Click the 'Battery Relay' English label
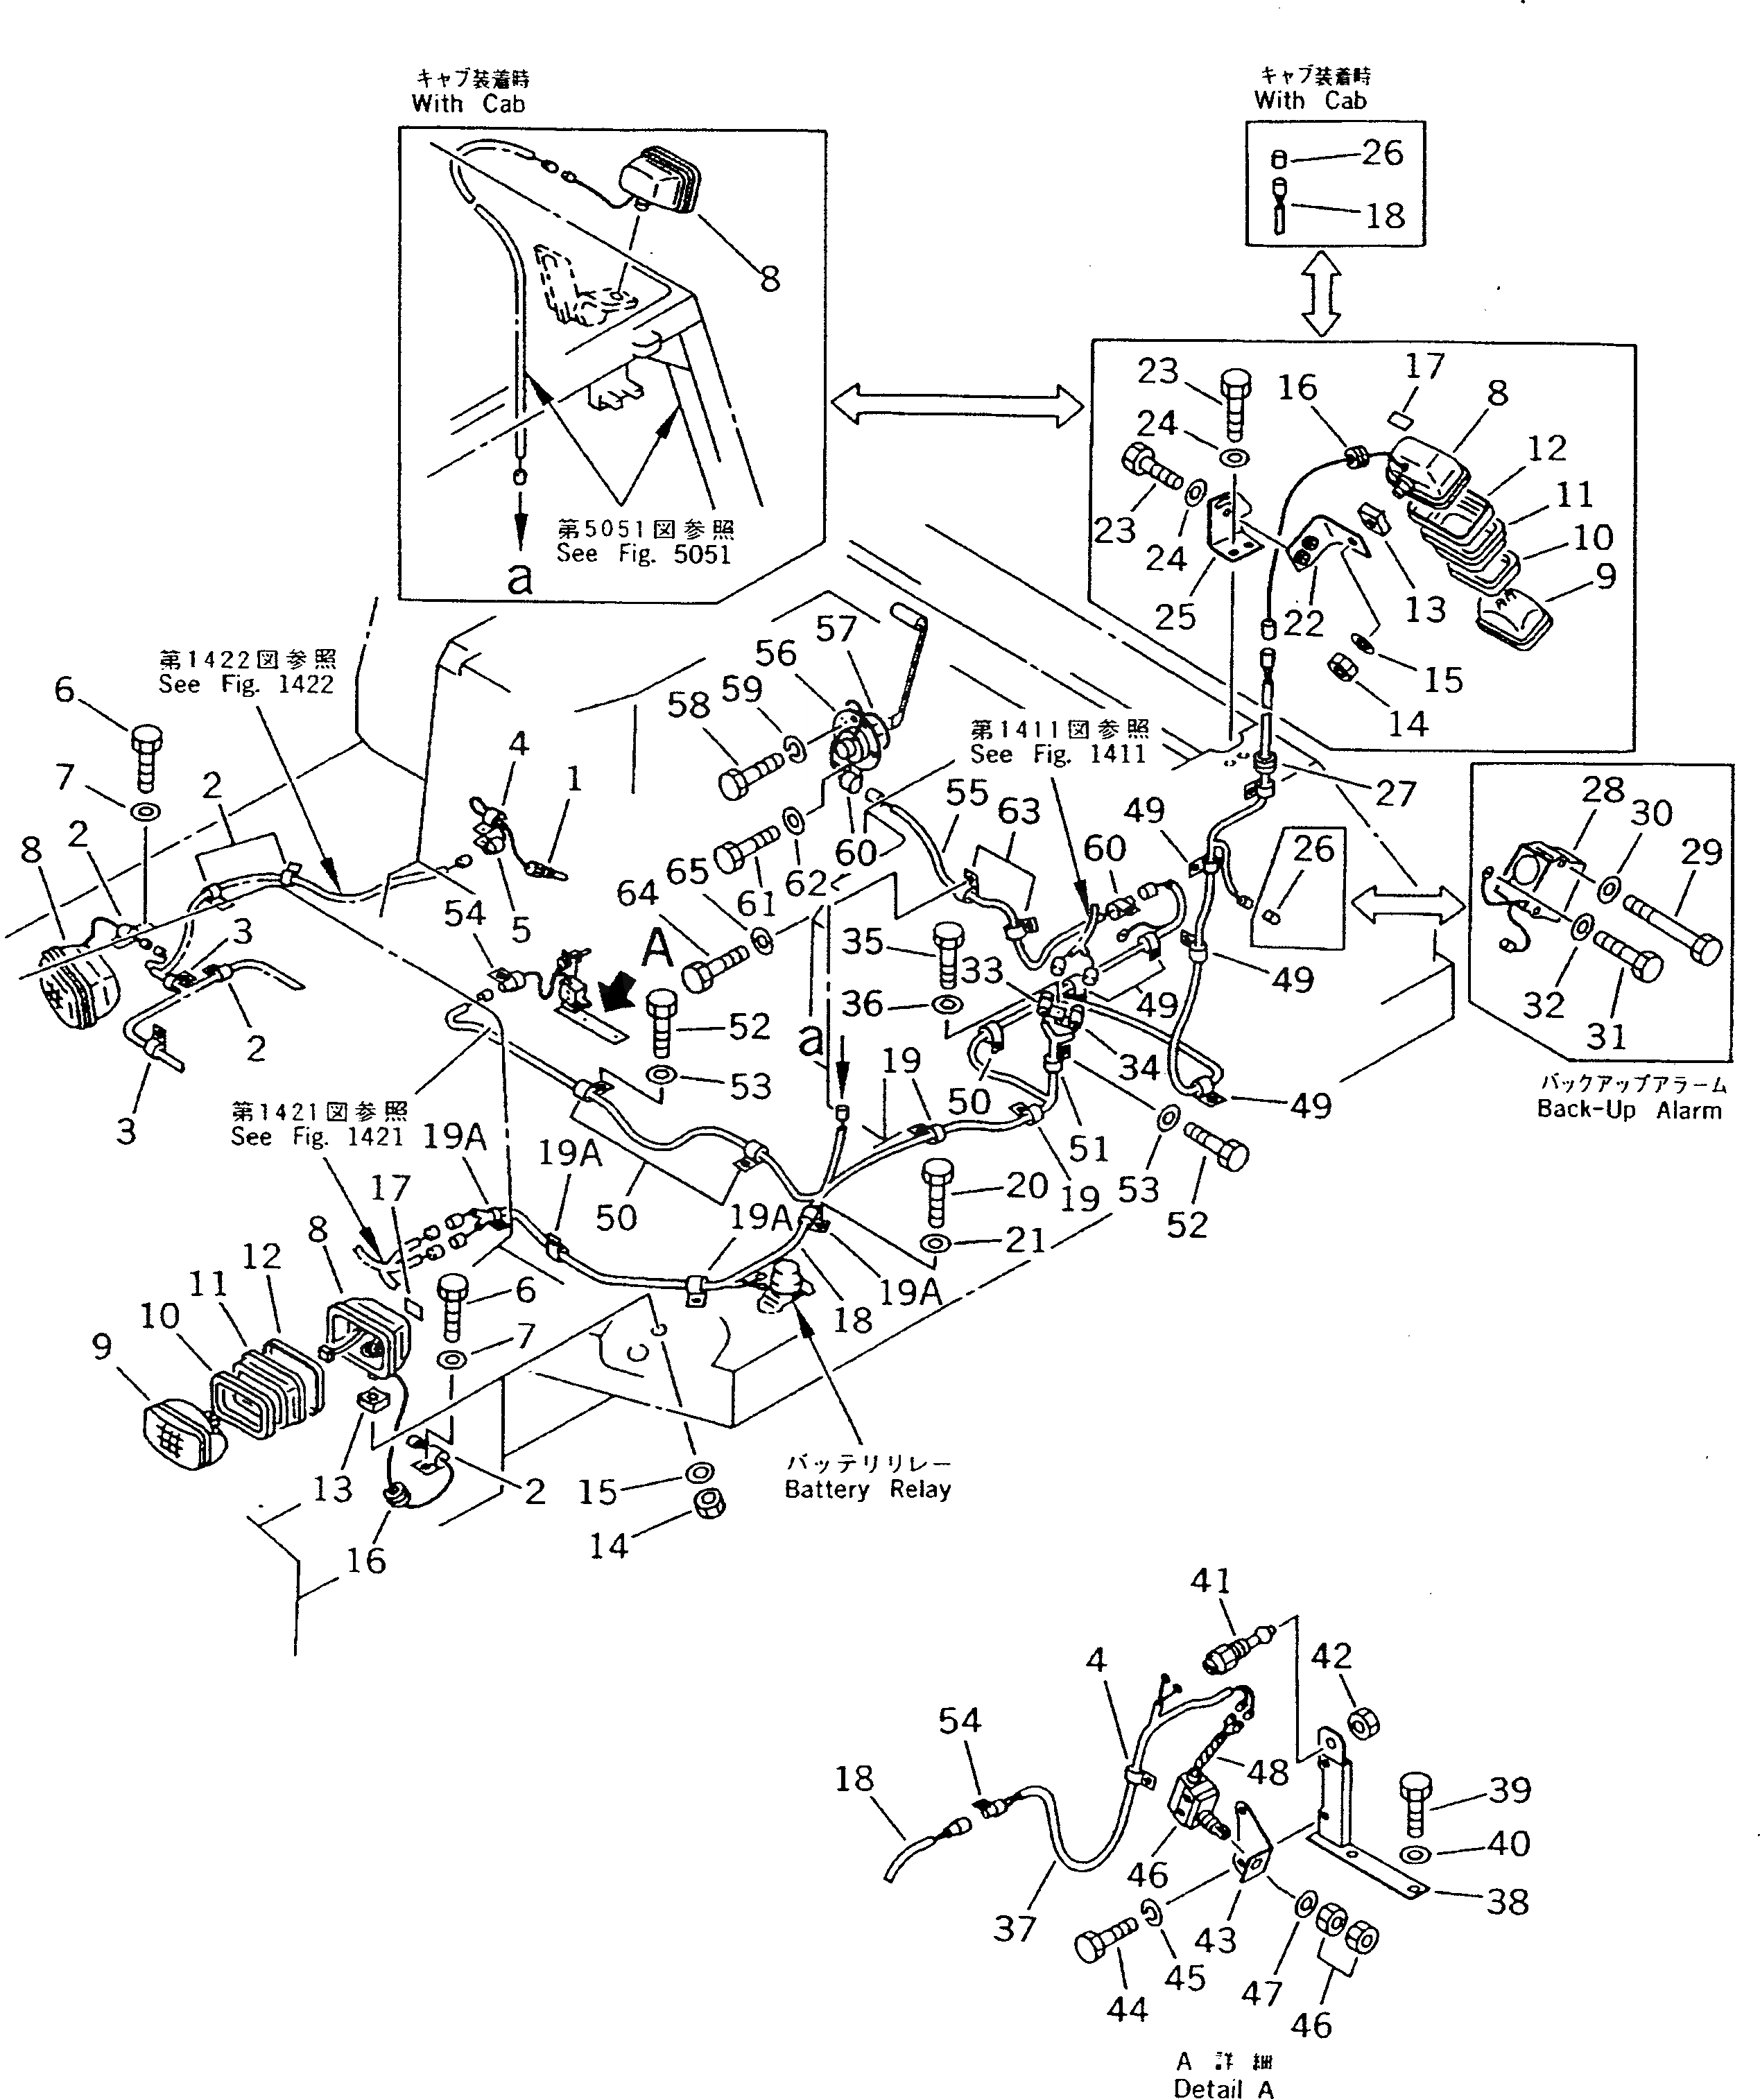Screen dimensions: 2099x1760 point(867,1489)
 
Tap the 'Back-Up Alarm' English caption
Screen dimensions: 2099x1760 point(1629,1109)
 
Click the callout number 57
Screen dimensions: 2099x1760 point(836,629)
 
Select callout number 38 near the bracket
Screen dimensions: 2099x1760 point(1507,1901)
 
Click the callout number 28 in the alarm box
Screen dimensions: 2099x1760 point(1602,790)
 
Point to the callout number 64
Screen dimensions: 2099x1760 point(637,894)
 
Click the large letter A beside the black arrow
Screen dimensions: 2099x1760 point(657,947)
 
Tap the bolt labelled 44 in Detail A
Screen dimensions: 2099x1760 point(1105,1940)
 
